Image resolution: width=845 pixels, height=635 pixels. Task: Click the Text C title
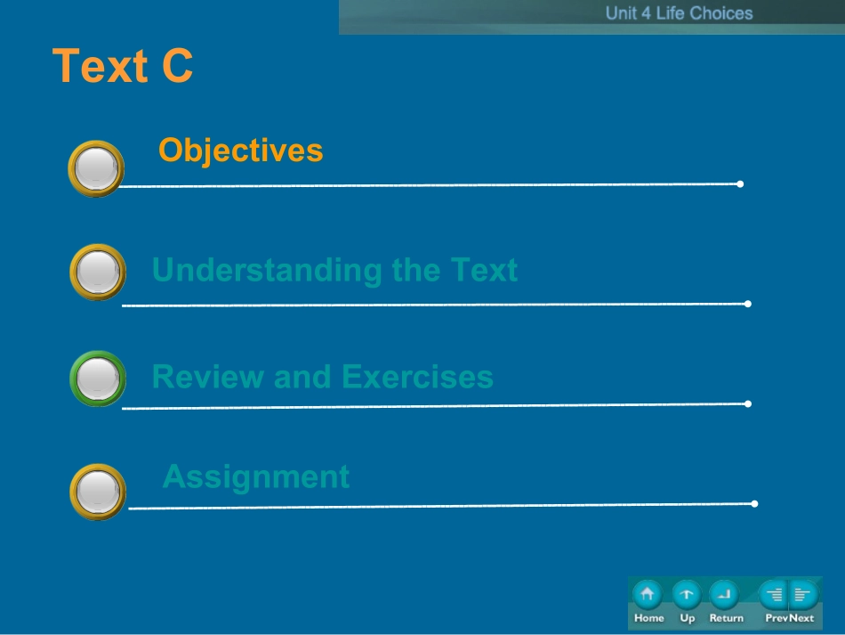tap(123, 66)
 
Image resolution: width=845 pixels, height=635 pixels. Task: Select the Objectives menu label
tap(240, 151)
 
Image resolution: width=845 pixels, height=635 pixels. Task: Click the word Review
tap(208, 377)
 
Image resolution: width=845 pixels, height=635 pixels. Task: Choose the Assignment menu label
tap(256, 477)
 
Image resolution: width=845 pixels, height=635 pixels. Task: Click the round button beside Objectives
tap(96, 169)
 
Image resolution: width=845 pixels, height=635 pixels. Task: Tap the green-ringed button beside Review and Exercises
tap(98, 379)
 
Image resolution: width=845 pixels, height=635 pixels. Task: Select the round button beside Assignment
tap(98, 492)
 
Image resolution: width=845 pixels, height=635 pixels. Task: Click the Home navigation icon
tap(648, 595)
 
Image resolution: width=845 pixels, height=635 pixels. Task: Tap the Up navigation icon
tap(687, 595)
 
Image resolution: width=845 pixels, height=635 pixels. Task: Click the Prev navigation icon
tap(774, 595)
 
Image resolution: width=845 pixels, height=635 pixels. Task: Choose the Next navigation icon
tap(803, 595)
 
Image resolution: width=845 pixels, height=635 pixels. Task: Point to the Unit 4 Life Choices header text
tap(679, 13)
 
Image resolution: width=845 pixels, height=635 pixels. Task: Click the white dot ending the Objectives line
tap(740, 184)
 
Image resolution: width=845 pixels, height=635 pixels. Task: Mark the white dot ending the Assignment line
tap(754, 504)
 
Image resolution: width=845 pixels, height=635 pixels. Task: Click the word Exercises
tap(418, 377)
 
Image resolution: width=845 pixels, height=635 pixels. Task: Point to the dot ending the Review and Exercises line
tap(748, 404)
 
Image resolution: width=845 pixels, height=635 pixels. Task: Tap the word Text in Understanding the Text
tap(484, 270)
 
